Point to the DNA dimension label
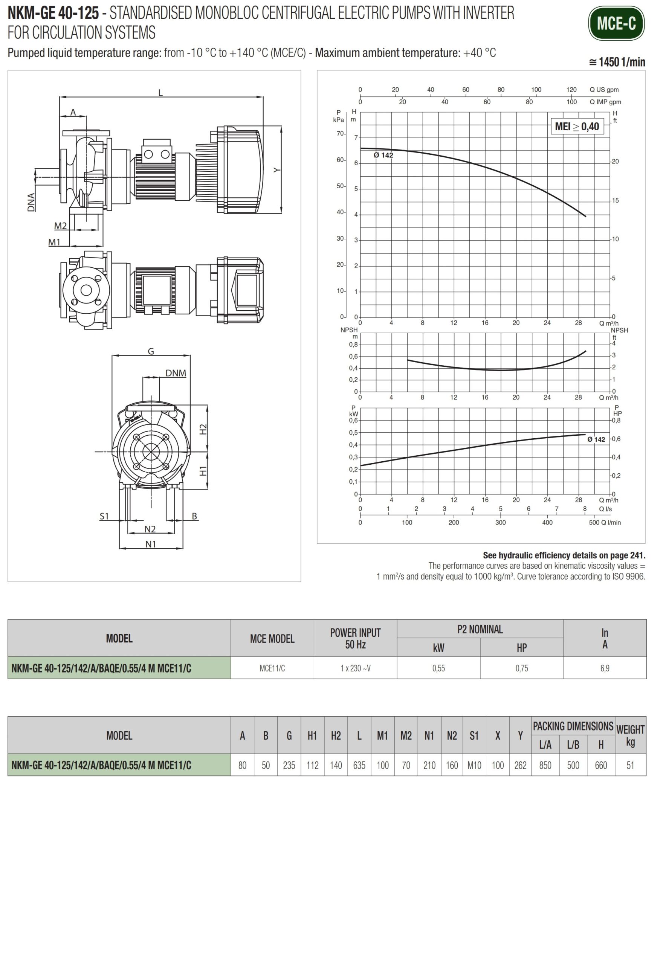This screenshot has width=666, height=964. (x=31, y=202)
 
